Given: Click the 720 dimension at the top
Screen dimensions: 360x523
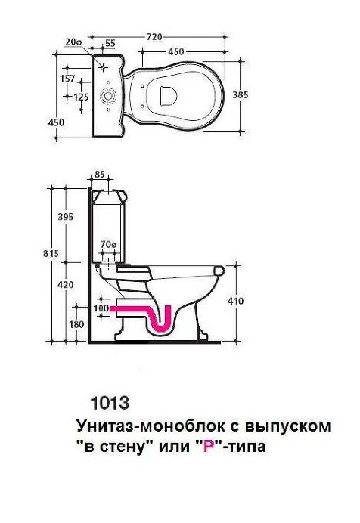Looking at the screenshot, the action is (154, 36).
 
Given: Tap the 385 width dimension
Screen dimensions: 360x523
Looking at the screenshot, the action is (241, 95).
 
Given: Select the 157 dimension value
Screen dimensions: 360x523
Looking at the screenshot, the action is (67, 79).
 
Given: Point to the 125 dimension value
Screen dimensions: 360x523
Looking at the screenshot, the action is (81, 97).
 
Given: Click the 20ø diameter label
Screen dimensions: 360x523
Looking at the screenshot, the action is (73, 42).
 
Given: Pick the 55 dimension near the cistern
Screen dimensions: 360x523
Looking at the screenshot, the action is (110, 43).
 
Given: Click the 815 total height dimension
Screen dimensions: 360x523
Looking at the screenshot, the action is (51, 253).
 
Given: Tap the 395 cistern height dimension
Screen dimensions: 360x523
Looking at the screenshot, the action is (66, 217).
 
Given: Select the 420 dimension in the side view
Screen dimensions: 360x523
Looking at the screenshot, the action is (66, 285).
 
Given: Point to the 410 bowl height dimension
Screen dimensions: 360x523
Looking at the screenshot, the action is (235, 302).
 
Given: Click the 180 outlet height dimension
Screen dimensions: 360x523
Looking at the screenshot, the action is (76, 324).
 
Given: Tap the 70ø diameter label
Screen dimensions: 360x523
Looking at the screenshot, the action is (108, 245).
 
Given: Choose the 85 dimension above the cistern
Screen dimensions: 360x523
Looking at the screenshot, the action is (99, 174).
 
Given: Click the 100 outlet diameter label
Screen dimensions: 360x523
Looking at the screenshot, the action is (101, 308).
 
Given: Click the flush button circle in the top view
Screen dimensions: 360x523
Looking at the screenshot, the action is (108, 96).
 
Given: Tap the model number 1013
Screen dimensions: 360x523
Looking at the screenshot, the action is (110, 403).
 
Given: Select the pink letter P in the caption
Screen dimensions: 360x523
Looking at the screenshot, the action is (209, 446).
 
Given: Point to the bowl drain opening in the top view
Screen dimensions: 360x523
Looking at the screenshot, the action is (168, 96).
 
